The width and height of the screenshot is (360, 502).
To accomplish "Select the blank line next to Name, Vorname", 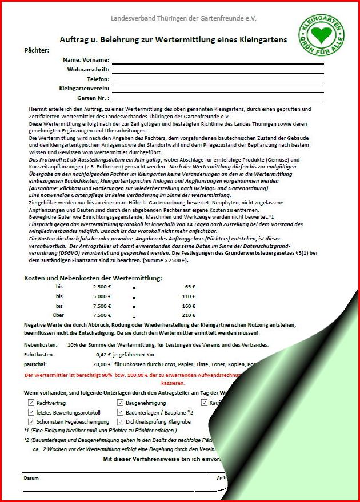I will coord(217,59).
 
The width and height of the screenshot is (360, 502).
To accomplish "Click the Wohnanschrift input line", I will coord(217,69).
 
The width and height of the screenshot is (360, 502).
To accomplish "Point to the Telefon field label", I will coord(98,79).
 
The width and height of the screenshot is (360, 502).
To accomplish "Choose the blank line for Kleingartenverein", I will coord(217,89).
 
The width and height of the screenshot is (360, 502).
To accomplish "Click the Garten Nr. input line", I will coord(217,98).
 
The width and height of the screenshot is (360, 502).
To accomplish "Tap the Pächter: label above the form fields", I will coord(37,50).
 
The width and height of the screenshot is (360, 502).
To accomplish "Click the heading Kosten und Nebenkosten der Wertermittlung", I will coord(93,278).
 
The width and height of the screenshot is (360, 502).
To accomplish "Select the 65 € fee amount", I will coord(190,287).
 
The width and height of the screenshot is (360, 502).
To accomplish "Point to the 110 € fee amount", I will coord(189,296).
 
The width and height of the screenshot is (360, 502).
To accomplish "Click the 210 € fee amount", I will coord(189,315).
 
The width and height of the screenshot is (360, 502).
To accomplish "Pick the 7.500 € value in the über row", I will coord(102,315).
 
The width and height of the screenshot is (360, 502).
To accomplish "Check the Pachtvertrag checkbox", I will coord(31,403).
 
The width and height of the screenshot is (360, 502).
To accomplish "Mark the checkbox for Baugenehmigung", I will coord(120,403).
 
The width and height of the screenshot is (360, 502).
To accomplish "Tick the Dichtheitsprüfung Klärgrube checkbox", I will coord(120,421).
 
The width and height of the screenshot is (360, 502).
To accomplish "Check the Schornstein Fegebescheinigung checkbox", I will coord(31,421).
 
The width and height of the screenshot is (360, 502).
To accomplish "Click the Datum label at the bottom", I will coord(31,478).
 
